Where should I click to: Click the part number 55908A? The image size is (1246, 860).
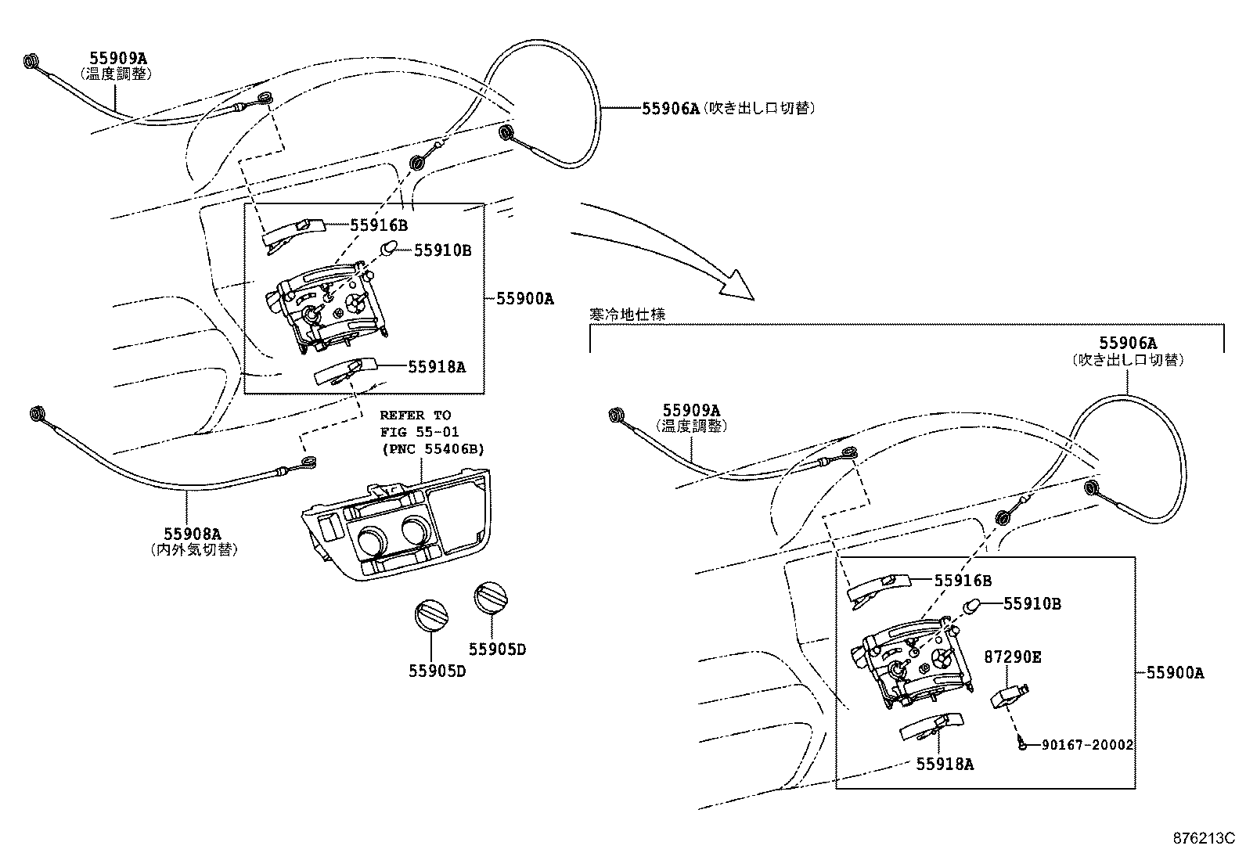pos(191,534)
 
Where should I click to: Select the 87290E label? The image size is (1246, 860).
pos(1012,657)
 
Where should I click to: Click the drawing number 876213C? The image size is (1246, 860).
pos(1202,838)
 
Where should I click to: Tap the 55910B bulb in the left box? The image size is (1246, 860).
pos(389,249)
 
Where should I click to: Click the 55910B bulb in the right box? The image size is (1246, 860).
pos(972,606)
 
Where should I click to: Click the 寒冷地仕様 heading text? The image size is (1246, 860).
pos(627,314)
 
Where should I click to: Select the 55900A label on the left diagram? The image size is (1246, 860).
pos(524,298)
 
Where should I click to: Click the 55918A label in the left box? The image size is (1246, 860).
pos(436,366)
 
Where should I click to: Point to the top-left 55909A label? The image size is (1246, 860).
pos(117,57)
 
